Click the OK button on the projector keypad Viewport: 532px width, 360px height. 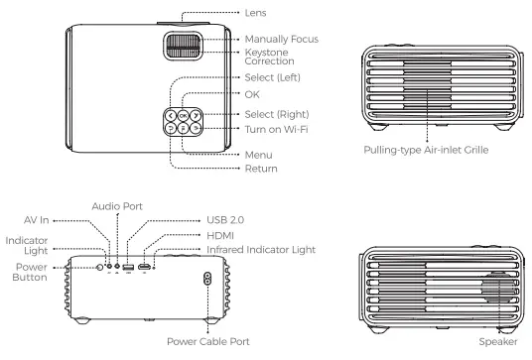[x=183, y=116]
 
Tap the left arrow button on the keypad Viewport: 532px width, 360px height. [x=171, y=116]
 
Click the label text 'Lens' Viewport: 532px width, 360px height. [x=255, y=13]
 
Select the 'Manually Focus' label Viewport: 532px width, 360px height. [x=282, y=40]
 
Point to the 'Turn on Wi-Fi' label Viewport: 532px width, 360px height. [x=277, y=129]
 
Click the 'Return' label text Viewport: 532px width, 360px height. [x=261, y=169]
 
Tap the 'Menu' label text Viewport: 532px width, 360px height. [x=258, y=155]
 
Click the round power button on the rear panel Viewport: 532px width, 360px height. [x=99, y=268]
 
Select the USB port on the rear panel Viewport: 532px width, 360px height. [x=128, y=267]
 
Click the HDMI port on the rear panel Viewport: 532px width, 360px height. [x=145, y=267]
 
